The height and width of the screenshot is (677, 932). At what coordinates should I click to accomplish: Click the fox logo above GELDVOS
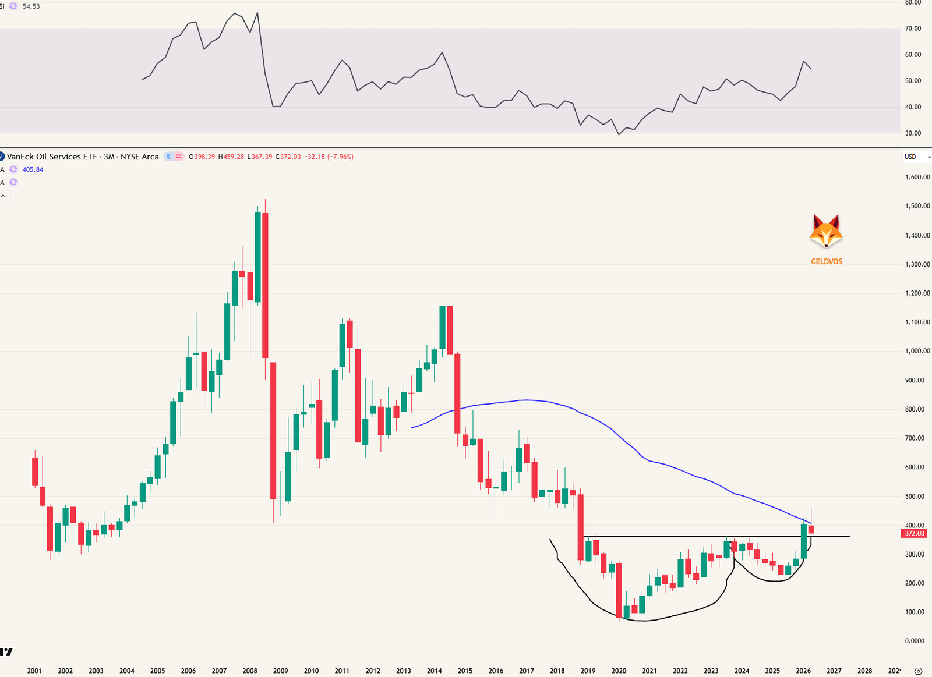826,231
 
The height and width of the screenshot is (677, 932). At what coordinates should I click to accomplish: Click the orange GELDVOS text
827,261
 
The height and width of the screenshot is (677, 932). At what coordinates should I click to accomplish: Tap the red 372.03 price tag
914,533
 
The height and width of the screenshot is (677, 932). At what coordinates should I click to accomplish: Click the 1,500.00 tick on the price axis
917,206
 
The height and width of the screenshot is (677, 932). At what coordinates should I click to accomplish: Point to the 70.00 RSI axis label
913,29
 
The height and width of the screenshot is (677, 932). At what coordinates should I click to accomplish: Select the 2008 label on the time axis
250,671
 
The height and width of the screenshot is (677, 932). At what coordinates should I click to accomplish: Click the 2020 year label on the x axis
619,671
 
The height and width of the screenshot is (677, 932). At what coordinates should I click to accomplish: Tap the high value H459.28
231,157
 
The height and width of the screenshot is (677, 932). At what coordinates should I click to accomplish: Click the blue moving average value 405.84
33,169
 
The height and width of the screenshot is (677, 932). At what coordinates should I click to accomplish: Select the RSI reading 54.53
31,6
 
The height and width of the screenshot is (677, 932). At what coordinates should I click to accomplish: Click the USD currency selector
916,157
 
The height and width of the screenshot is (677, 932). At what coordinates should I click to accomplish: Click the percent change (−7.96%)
340,157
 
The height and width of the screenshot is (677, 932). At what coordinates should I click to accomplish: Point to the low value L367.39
260,157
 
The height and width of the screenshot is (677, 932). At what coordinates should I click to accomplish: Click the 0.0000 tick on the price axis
915,640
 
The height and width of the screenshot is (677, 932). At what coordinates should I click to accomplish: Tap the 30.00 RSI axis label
913,133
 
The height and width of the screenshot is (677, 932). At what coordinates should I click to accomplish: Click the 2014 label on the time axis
434,671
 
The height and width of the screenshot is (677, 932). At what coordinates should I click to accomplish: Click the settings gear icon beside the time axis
918,671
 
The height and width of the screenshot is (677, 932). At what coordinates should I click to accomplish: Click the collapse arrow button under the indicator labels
3,196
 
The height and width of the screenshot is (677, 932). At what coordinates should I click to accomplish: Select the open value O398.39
202,157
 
